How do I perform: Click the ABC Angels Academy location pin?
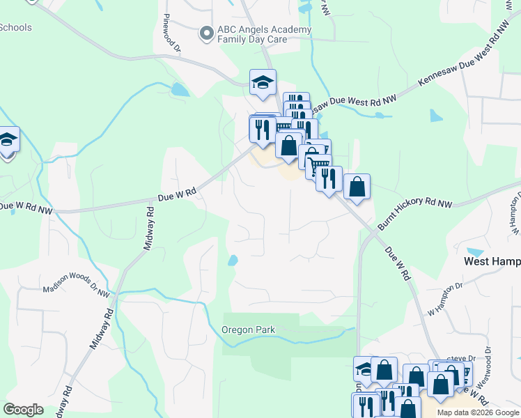[x=206, y=33]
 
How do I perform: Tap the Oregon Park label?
[x=249, y=330]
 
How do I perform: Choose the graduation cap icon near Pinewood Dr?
[x=263, y=83]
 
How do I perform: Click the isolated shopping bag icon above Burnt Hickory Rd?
[x=357, y=187]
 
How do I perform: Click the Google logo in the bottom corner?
[x=24, y=410]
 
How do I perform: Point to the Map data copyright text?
[x=478, y=412]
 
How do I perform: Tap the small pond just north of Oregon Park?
[x=232, y=261]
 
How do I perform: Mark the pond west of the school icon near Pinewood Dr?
[x=179, y=90]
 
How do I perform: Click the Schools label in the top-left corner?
[x=15, y=27]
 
